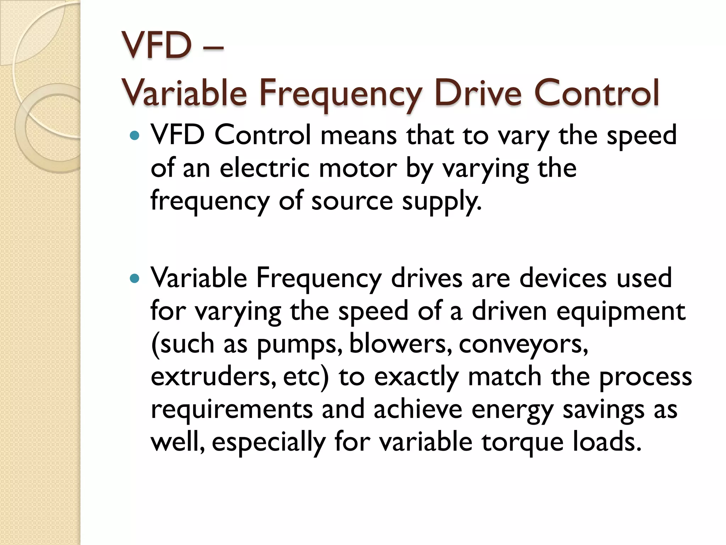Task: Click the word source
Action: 352,201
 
